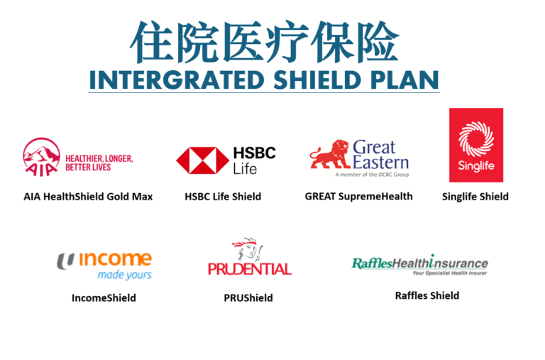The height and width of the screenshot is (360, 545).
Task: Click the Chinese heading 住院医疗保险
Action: tap(264, 42)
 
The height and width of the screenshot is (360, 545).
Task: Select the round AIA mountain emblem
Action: tap(41, 157)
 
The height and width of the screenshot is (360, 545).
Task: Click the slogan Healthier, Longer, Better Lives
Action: tap(99, 163)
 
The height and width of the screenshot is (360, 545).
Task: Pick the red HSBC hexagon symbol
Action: tap(203, 160)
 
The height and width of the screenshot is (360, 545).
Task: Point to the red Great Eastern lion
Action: tap(330, 154)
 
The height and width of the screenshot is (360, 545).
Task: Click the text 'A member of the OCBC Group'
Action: tap(372, 175)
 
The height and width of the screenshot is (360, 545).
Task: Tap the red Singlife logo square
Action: tap(476, 145)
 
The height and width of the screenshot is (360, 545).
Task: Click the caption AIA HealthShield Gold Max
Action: tap(88, 197)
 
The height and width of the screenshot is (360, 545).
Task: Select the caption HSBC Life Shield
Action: tap(223, 197)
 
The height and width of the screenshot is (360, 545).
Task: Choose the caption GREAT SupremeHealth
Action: tap(358, 197)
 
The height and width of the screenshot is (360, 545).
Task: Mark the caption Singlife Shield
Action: tap(475, 197)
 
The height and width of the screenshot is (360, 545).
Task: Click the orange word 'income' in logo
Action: tap(116, 258)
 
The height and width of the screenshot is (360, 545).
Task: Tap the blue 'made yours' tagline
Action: tap(124, 275)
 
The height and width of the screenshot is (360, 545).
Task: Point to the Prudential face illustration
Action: tap(248, 249)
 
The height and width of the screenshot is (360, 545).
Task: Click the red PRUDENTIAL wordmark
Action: tap(250, 269)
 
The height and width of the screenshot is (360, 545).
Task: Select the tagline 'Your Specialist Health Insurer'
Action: tap(450, 273)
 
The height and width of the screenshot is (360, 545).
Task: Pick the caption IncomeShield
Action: tap(104, 298)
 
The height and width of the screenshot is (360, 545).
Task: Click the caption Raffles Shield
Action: tap(427, 295)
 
